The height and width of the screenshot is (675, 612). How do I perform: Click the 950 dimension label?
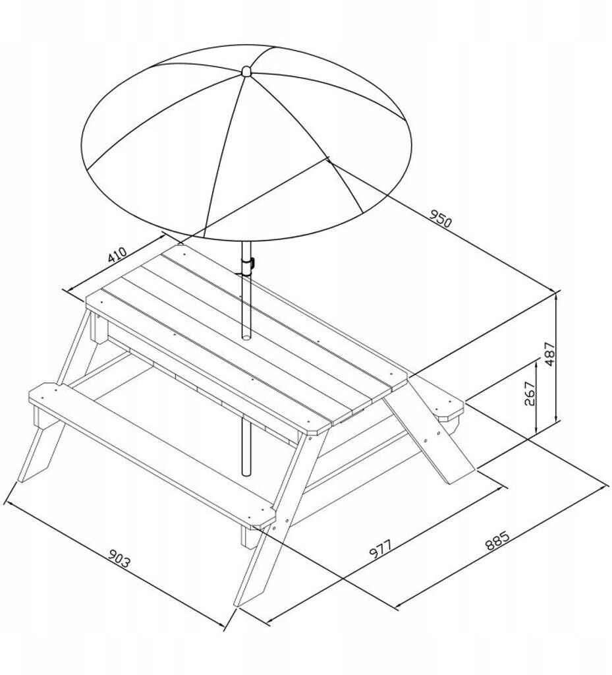point(441,219)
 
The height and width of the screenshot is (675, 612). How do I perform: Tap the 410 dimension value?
point(117,255)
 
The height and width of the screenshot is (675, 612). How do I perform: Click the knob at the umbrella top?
point(246,71)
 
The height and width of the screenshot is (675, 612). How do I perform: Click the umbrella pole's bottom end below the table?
point(246,473)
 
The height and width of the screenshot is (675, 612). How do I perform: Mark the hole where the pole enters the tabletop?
point(246,334)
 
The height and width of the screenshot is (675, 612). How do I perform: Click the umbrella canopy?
point(246,142)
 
